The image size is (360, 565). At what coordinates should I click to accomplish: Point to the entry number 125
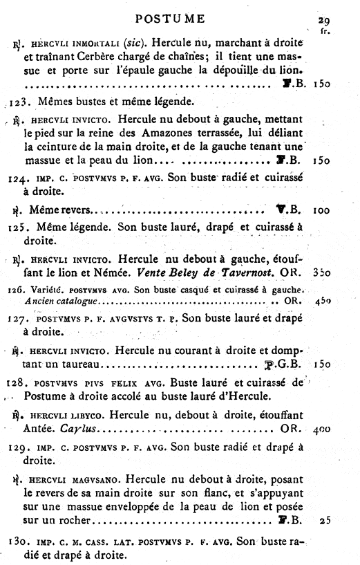[x=19, y=227]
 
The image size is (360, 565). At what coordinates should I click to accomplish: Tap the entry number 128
[x=19, y=382]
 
